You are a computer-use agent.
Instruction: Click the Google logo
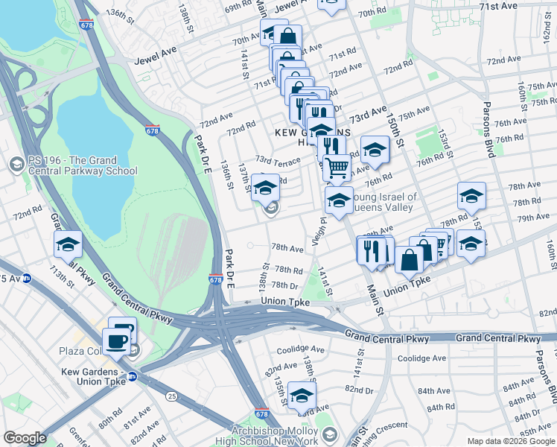pos(25,438)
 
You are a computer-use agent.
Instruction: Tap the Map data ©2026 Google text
pos(510,441)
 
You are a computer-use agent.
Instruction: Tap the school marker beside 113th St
pos(68,244)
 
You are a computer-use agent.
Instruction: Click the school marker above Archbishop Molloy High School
pos(302,395)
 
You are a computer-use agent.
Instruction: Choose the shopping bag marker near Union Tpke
pos(410,260)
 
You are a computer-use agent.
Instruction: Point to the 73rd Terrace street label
pos(277,160)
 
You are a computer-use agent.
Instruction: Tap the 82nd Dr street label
pos(358,390)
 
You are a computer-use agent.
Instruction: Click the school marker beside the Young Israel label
pos(339,200)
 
